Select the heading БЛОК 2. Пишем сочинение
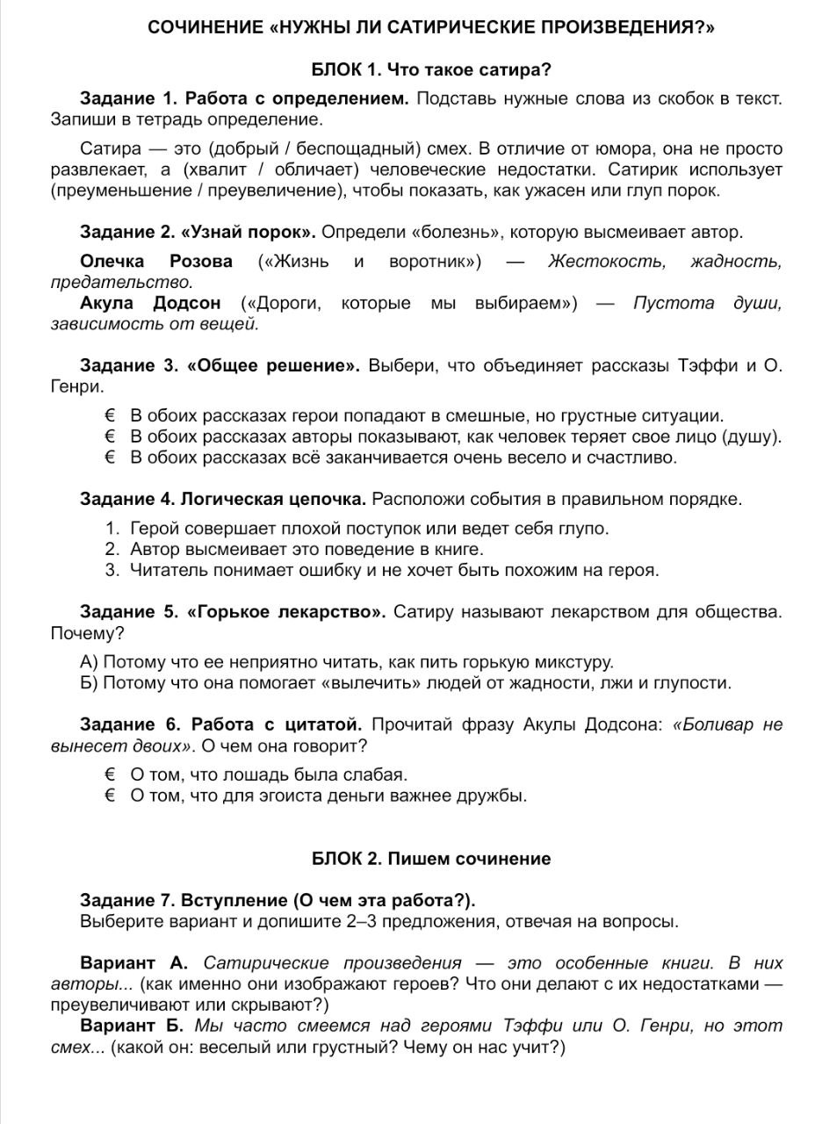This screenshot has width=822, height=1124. (431, 859)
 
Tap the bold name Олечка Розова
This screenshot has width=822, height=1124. (156, 261)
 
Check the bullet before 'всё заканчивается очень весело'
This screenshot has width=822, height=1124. (111, 458)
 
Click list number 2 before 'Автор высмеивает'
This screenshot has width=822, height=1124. (112, 549)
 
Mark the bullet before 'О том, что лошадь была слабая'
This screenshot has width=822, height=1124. (111, 775)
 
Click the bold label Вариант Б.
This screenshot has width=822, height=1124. (132, 1027)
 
